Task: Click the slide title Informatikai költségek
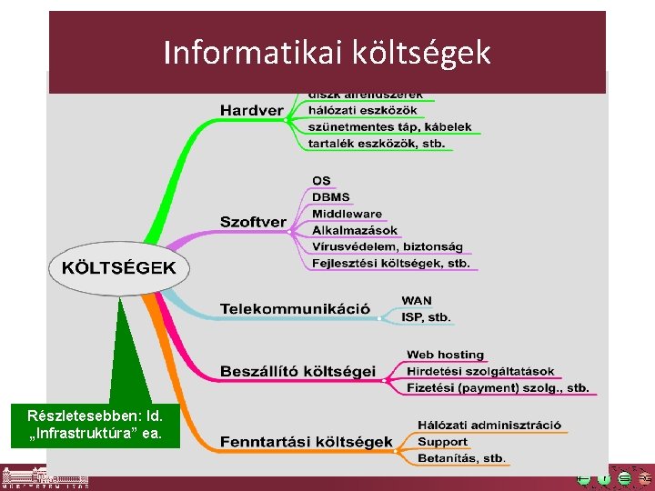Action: pos(327,53)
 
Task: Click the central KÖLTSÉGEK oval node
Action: pos(117,268)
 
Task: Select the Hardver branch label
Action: pos(250,111)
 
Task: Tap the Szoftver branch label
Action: pos(253,222)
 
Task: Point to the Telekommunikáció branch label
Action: pos(295,309)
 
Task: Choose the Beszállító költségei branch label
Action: pos(297,371)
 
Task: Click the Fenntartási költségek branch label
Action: pos(306,442)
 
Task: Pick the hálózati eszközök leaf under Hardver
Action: pos(362,110)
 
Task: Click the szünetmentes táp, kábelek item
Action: pos(389,126)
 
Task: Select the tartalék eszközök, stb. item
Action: pos(376,143)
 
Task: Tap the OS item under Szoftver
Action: pos(321,181)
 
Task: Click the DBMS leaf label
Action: pos(330,197)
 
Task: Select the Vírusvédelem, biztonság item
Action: pos(387,246)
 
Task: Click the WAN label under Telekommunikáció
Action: pos(417,301)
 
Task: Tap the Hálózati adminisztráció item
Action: pos(489,425)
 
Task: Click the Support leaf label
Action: pos(442,442)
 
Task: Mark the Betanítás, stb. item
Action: pos(461,458)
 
